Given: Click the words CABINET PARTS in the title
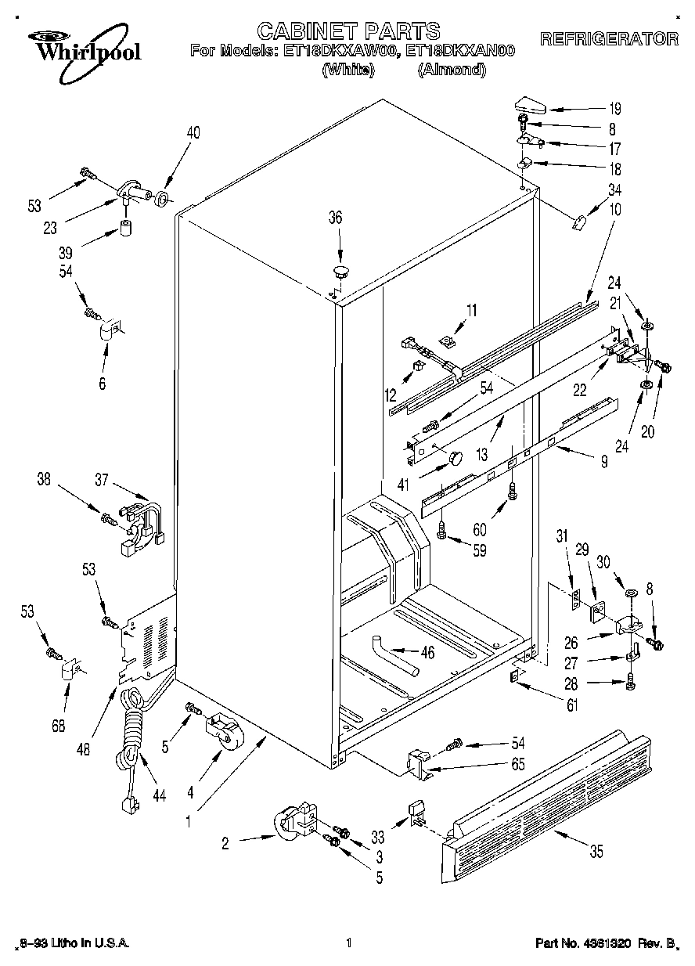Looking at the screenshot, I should [348, 31].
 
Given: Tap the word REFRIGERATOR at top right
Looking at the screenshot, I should [609, 39].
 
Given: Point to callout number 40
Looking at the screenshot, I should [193, 132].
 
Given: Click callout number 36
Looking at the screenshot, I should [335, 218].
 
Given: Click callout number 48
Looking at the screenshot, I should [85, 748].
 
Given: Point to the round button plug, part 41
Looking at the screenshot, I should [455, 456].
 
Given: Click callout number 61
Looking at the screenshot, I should [572, 706].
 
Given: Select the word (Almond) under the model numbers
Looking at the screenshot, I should [452, 70].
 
